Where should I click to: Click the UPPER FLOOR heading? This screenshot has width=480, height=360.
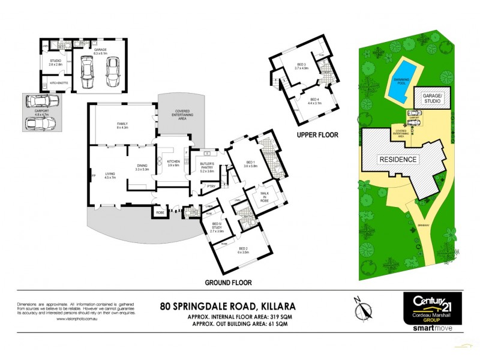(317, 136)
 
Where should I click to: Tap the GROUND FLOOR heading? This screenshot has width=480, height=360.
(228, 282)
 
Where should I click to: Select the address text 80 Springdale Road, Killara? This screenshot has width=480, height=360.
(228, 305)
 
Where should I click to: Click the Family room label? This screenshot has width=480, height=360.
(123, 125)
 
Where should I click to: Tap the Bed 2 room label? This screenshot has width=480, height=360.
(242, 250)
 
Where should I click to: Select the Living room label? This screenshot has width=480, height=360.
(110, 175)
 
